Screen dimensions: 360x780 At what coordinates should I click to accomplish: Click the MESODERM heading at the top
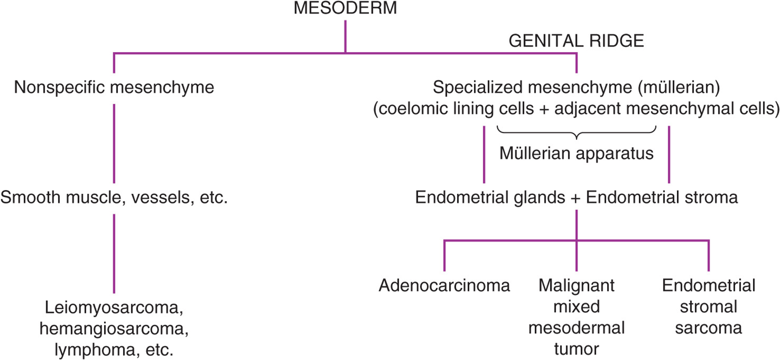(345, 8)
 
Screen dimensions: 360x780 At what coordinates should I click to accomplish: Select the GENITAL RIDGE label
(576, 41)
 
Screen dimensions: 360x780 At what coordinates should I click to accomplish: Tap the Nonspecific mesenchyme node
(114, 88)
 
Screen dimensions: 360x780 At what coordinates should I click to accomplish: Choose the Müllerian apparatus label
(576, 153)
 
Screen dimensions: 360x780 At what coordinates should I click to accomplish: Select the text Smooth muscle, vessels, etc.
(114, 198)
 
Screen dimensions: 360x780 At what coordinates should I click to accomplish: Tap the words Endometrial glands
(490, 198)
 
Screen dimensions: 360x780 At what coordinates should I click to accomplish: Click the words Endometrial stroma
(662, 198)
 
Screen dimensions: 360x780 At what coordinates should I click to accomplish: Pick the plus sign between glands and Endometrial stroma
(575, 198)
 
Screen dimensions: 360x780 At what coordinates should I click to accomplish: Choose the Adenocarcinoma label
(444, 286)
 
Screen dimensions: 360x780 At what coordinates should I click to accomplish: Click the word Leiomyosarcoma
(113, 308)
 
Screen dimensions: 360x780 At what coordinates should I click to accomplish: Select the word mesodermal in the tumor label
(576, 328)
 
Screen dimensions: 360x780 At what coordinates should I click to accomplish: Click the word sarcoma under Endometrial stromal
(708, 328)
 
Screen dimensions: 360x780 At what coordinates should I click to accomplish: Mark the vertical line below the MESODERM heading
(345, 36)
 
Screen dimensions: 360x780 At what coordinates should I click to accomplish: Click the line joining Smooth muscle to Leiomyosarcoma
(114, 254)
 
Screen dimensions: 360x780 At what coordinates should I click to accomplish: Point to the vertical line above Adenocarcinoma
(444, 256)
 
